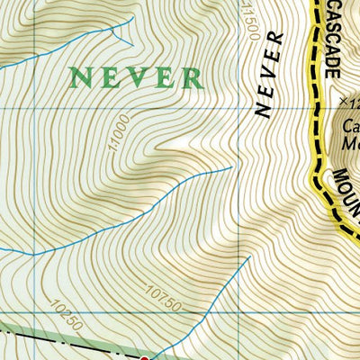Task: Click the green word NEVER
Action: tap(137, 77)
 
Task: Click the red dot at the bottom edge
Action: tap(145, 357)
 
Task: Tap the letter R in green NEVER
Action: tap(191, 77)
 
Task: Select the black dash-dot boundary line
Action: tap(54, 340)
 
